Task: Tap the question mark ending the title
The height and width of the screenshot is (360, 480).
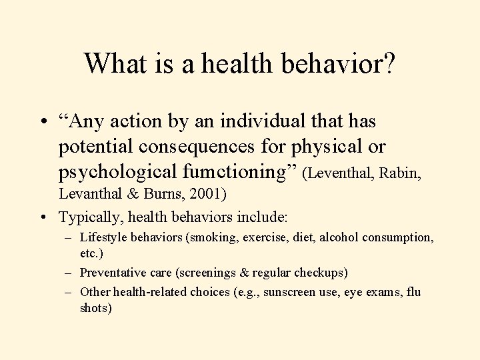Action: click(388, 63)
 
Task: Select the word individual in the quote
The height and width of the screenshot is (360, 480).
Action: click(263, 122)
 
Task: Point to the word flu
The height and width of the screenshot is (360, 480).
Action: click(413, 291)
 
